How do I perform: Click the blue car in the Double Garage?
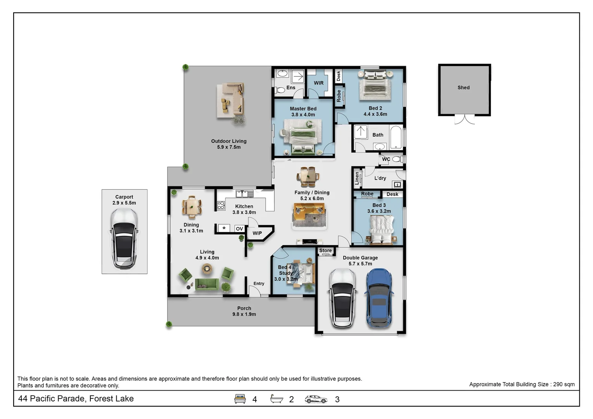click(x=379, y=298)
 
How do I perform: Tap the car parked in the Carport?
click(x=124, y=239)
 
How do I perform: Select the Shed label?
click(x=463, y=88)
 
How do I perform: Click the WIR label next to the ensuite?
click(x=318, y=83)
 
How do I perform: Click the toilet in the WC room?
click(x=397, y=159)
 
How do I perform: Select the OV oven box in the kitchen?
click(x=239, y=229)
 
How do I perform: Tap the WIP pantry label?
click(x=257, y=233)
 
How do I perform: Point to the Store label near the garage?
click(x=325, y=251)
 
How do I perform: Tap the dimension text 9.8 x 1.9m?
click(x=244, y=314)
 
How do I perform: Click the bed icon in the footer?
click(x=240, y=399)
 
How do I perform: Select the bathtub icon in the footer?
click(x=277, y=399)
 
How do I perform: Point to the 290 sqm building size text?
click(x=564, y=384)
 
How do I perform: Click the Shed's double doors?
click(x=464, y=119)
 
